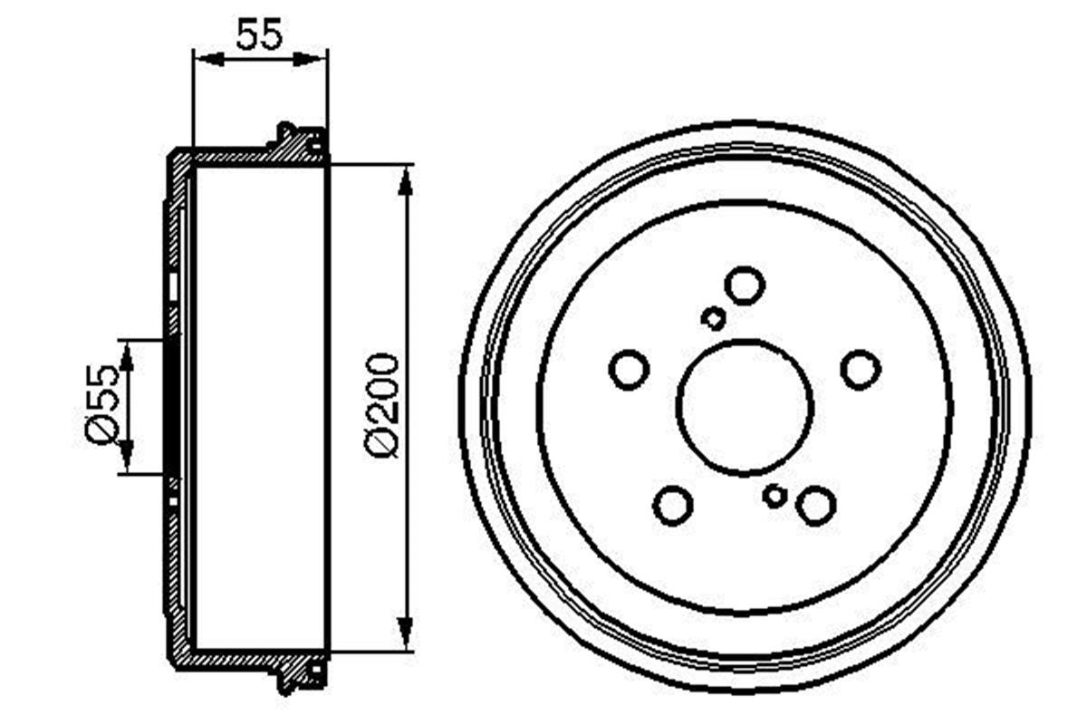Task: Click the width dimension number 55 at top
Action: (x=260, y=34)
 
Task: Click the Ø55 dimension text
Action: (x=102, y=404)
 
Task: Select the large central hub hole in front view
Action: (x=745, y=407)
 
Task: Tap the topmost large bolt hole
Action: (x=746, y=285)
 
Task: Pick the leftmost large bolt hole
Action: (x=629, y=370)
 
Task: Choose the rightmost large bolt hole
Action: (x=861, y=369)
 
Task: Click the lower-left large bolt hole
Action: (x=673, y=505)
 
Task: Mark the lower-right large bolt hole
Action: (x=816, y=505)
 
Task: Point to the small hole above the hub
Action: (x=714, y=318)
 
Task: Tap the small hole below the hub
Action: (x=774, y=496)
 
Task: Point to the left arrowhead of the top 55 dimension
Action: (x=205, y=60)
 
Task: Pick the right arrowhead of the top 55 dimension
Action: (x=317, y=60)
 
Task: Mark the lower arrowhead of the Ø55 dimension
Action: (x=126, y=459)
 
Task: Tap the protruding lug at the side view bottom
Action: (x=288, y=681)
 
